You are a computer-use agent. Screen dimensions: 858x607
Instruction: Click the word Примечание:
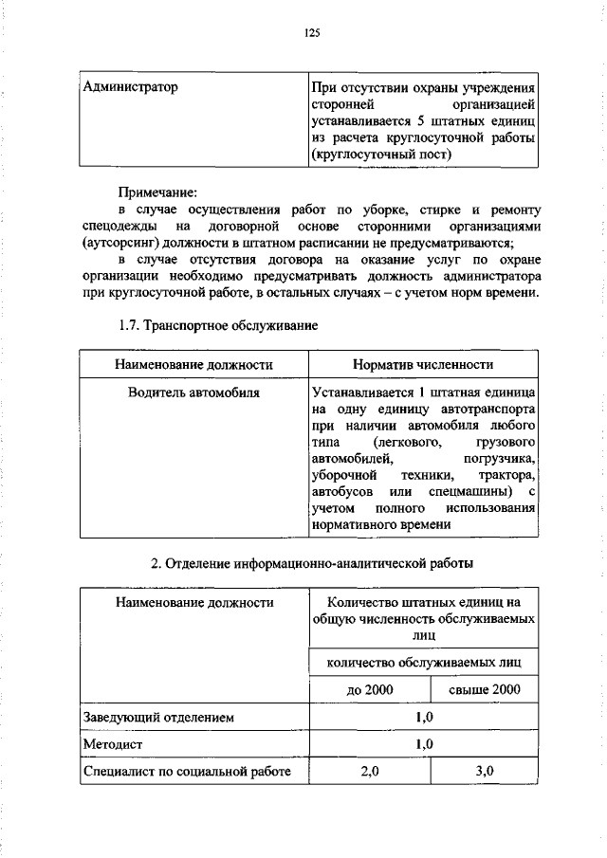pyautogui.click(x=156, y=192)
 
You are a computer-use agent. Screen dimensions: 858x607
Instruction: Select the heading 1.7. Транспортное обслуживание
pyautogui.click(x=217, y=325)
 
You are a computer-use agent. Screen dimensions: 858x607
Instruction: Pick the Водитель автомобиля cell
pyautogui.click(x=194, y=392)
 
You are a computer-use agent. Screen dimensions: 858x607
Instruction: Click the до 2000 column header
pyautogui.click(x=370, y=689)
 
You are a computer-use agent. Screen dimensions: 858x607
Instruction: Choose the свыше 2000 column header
pyautogui.click(x=485, y=689)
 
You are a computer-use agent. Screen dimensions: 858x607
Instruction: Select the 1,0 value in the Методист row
pyautogui.click(x=424, y=744)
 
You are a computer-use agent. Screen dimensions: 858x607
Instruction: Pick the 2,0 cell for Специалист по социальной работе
pyautogui.click(x=370, y=772)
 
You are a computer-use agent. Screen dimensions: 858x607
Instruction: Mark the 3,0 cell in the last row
pyautogui.click(x=485, y=772)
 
